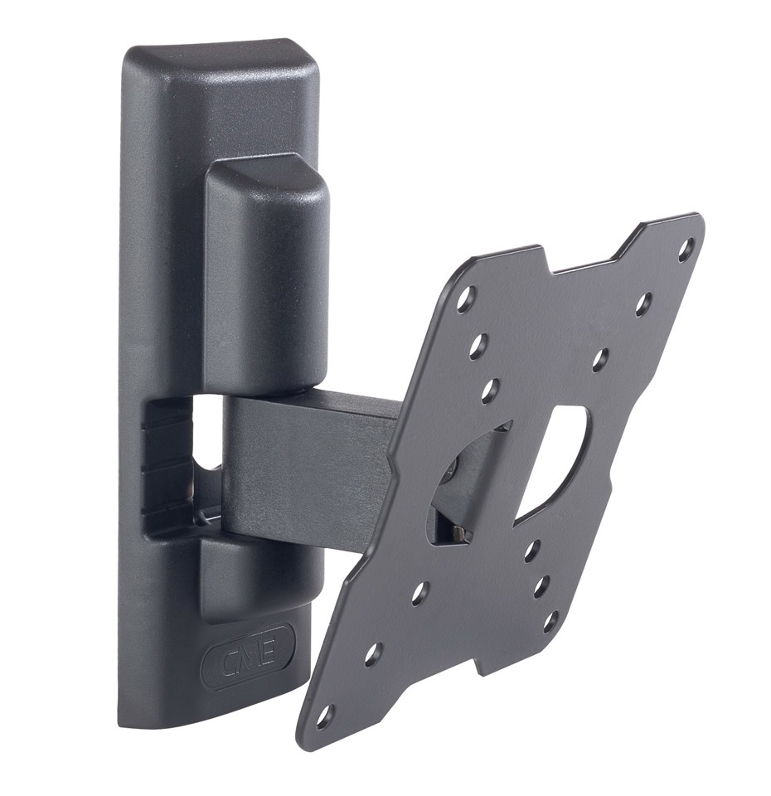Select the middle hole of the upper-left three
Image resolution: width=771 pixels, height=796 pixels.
[x=478, y=347]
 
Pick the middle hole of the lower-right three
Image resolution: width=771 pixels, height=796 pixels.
[x=541, y=586]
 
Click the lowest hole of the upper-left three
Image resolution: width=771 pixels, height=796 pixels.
[x=489, y=390]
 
